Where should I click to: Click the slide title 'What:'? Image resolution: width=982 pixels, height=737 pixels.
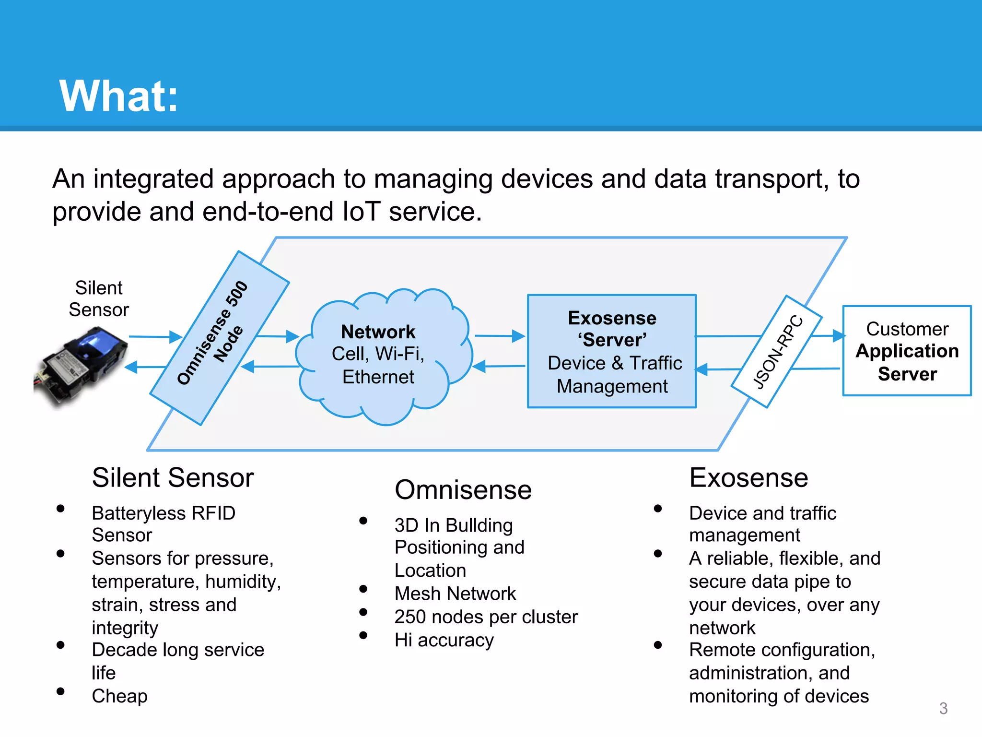[x=118, y=96]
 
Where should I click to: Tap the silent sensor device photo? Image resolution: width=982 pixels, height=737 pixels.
[x=82, y=367]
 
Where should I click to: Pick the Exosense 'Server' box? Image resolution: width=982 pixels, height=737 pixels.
[x=612, y=351]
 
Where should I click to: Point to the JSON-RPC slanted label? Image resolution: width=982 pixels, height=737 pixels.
[x=777, y=351]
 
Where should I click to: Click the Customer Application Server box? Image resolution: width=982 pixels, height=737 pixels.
[x=907, y=351]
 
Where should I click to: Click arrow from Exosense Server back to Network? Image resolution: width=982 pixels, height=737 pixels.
[x=499, y=366]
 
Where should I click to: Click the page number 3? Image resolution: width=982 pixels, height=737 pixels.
[x=943, y=708]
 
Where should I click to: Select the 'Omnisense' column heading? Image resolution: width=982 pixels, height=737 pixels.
[x=463, y=490]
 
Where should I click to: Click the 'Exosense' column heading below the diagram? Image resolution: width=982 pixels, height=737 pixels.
[x=748, y=478]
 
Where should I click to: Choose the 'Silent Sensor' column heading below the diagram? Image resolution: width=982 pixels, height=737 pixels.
[x=173, y=478]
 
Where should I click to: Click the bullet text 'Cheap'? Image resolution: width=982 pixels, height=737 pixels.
[x=120, y=696]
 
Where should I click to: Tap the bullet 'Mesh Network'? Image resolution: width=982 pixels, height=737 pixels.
[x=455, y=594]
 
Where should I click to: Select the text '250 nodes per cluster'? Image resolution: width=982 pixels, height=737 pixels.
[x=486, y=617]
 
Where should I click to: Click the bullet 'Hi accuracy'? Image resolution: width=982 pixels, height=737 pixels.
[x=444, y=640]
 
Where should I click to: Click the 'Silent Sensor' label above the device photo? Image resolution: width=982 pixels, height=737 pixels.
[x=99, y=298]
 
